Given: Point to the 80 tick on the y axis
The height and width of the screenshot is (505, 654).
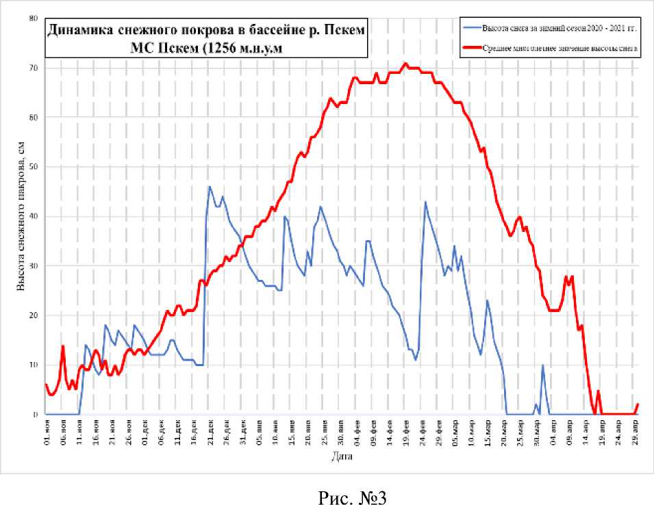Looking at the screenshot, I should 32,18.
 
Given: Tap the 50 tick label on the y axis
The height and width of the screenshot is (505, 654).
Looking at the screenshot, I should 32,167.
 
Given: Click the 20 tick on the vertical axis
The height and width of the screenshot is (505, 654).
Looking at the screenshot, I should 32,315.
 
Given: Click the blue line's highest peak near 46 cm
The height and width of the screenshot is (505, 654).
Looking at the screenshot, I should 210,187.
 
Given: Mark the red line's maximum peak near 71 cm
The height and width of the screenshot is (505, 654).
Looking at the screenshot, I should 405,64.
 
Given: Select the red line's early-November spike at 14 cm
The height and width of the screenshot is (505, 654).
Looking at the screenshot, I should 62,346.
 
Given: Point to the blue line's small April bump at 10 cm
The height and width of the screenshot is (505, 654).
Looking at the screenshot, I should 543,365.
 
